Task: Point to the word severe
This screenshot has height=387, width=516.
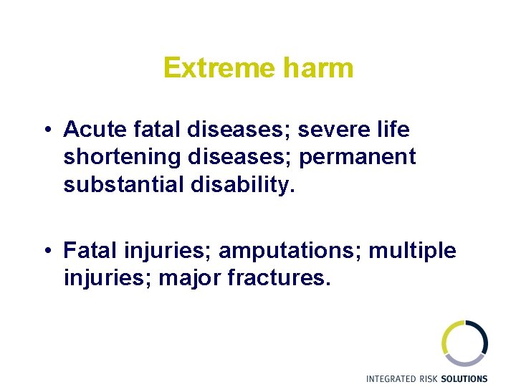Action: (x=332, y=130)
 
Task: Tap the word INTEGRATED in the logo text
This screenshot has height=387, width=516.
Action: (x=393, y=378)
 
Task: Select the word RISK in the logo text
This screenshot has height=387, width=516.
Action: (x=432, y=378)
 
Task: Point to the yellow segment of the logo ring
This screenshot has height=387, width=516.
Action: (x=446, y=336)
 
